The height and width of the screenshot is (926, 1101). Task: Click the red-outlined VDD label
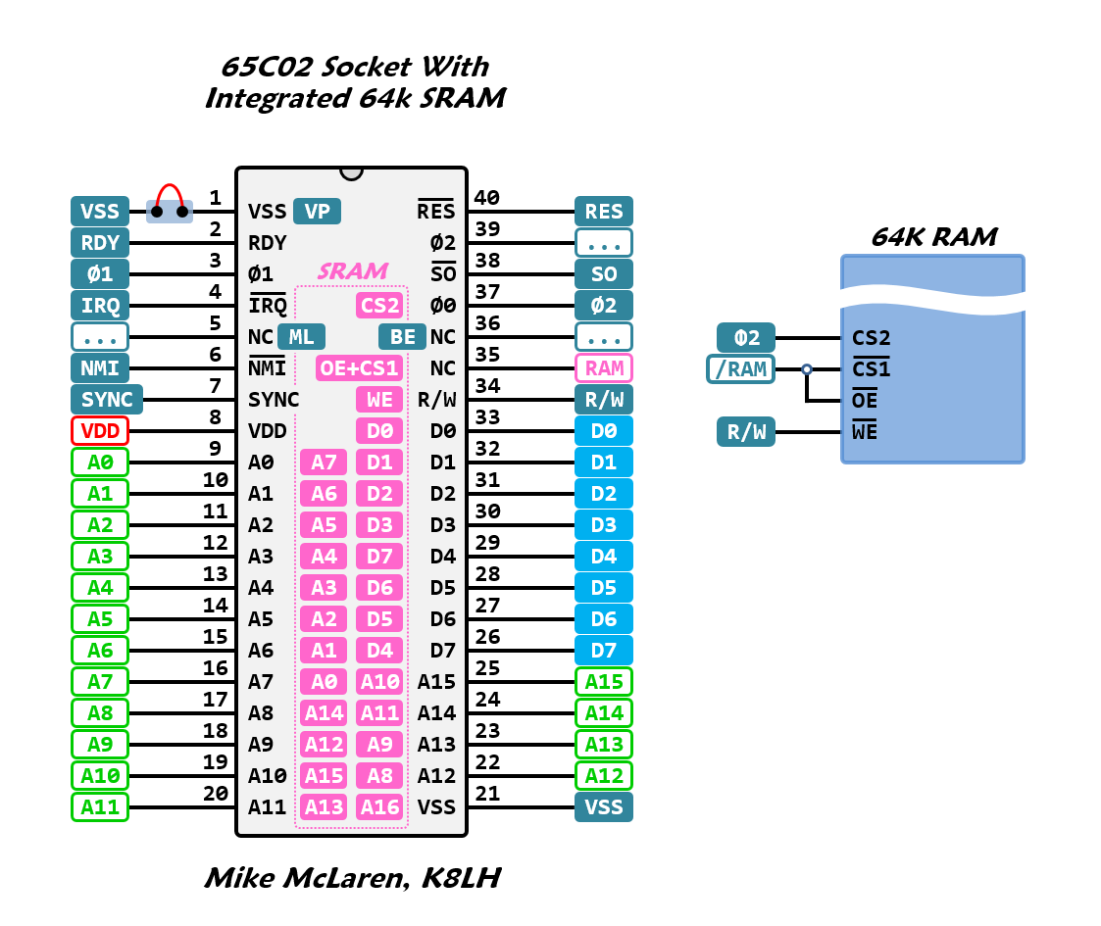coord(100,430)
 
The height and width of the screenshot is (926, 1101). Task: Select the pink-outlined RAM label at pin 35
coord(604,367)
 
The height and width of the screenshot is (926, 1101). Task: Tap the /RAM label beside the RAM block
coord(740,369)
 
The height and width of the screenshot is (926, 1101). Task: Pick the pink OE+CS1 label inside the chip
coord(359,367)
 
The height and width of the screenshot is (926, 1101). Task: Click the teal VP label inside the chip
coord(317,211)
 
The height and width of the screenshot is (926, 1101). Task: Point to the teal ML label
coord(302,336)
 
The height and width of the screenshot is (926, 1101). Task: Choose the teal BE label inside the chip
coord(402,336)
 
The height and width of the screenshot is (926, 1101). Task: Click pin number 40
coord(486,198)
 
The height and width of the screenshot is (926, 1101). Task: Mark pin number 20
coord(216,794)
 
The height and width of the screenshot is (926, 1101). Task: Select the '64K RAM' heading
coord(932,237)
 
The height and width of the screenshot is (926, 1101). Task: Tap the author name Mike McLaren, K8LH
coord(352,878)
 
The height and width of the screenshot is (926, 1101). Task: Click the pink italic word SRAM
coord(352,271)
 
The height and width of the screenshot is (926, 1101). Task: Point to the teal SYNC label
coord(107,399)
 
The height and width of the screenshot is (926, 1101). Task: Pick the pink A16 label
coord(379,806)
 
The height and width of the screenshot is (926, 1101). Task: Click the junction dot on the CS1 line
coord(807,369)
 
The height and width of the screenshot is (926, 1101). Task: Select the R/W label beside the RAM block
coord(746,432)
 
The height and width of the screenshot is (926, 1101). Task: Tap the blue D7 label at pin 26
coord(604,650)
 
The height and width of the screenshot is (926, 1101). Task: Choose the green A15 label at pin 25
coord(604,681)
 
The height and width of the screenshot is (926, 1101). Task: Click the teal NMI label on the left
coord(100,367)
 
